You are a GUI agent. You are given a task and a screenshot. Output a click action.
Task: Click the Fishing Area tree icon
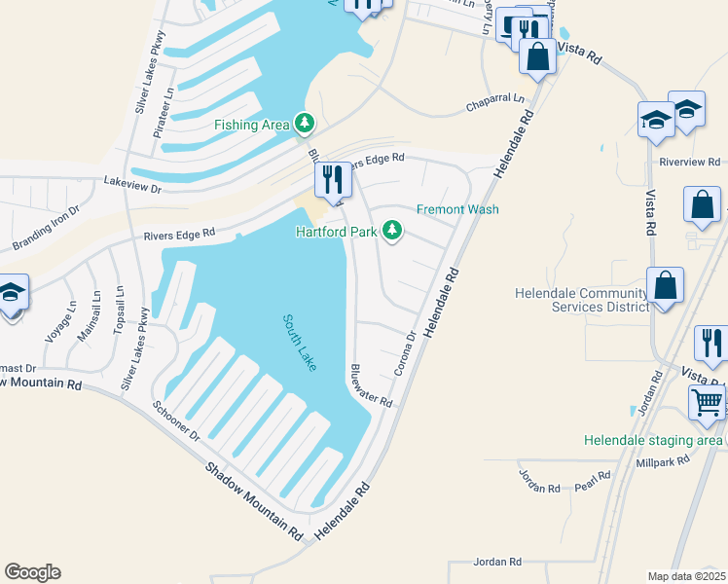point(306,123)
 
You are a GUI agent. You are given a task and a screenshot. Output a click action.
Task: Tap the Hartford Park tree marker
point(392,231)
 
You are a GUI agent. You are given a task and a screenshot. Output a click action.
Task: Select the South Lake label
point(300,342)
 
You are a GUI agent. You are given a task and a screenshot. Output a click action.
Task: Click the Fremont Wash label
point(457,209)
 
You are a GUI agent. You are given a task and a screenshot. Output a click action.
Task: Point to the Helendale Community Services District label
point(581,300)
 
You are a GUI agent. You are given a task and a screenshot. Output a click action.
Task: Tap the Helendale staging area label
point(653,440)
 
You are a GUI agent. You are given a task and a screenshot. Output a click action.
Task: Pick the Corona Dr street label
point(406,354)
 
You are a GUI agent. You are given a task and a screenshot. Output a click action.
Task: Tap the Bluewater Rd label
point(370,385)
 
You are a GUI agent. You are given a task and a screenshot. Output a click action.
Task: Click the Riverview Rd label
point(689,162)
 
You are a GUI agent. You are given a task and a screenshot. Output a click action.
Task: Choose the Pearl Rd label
point(592,481)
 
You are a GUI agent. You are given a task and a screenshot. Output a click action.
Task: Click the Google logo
point(32,572)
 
